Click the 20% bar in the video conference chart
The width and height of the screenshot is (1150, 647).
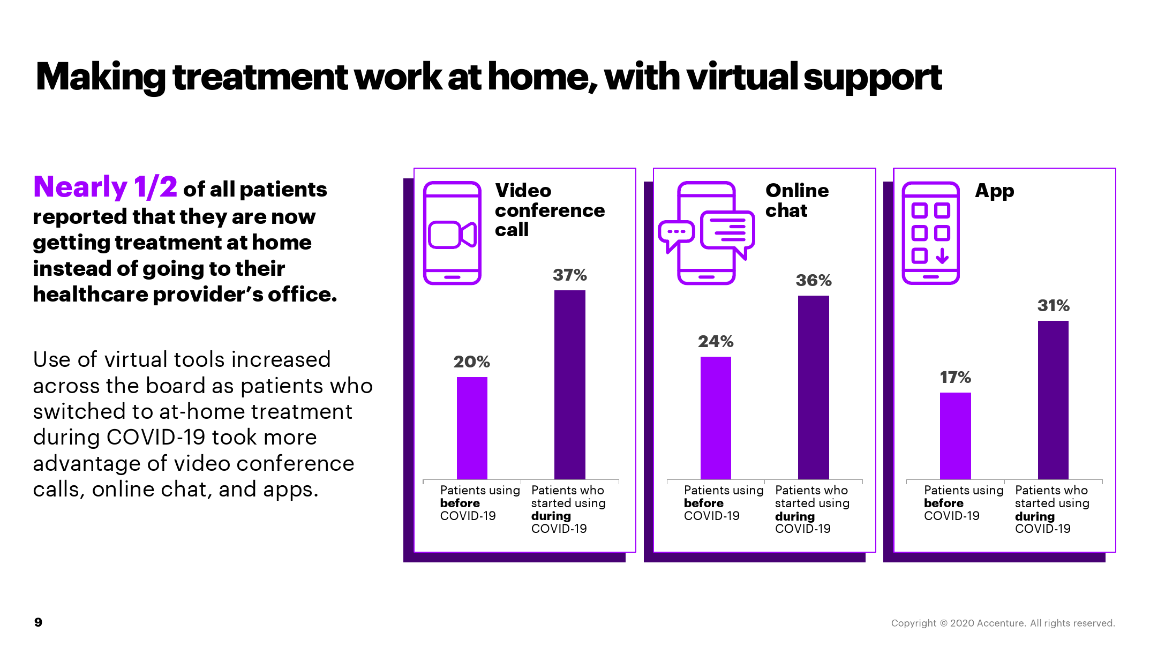[x=472, y=428]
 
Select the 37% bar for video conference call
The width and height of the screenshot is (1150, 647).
[x=570, y=385]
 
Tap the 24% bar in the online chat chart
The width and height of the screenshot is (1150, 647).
[x=716, y=418]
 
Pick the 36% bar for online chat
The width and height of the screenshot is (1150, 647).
[x=814, y=387]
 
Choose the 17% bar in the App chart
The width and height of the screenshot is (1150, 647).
[x=956, y=436]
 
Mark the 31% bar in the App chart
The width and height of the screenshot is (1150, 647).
[x=1053, y=400]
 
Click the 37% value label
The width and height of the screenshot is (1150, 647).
[x=570, y=275]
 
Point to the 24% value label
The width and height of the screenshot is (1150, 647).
[x=716, y=342]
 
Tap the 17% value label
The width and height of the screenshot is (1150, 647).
[x=956, y=378]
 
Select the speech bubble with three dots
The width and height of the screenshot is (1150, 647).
[x=676, y=236]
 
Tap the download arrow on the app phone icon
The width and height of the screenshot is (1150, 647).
[x=942, y=256]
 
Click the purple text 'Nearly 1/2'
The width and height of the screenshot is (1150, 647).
[x=105, y=187]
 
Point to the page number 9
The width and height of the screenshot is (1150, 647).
[x=38, y=622]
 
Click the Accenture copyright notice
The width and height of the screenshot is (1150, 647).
[x=1003, y=623]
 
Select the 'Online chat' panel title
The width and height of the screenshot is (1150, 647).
[x=797, y=200]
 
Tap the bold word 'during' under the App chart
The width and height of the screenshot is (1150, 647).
[x=1035, y=516]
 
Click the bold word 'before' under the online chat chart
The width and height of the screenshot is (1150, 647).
[x=704, y=503]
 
